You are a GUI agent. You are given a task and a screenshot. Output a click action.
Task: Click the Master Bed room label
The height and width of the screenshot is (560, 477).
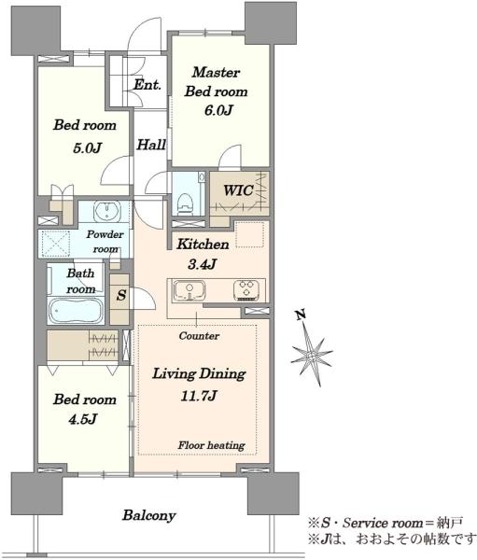(217, 82)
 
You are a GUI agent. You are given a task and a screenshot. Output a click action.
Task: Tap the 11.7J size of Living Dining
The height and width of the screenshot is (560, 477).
(199, 396)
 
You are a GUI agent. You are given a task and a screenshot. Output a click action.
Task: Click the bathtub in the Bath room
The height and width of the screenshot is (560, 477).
(77, 311)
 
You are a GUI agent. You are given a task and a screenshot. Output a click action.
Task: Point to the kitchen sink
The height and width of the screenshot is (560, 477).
(189, 290)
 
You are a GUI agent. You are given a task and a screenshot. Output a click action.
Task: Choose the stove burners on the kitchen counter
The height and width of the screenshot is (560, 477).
(246, 289)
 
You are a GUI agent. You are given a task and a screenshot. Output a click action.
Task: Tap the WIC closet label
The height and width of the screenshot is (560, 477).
(238, 190)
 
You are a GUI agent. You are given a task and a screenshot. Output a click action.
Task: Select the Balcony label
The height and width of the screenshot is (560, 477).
(149, 515)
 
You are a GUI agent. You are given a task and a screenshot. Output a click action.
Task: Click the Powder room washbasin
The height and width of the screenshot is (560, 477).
(106, 211)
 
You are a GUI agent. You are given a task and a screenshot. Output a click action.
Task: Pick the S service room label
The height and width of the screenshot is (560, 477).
(121, 295)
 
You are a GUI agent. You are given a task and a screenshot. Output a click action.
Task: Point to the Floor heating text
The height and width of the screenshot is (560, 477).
(212, 445)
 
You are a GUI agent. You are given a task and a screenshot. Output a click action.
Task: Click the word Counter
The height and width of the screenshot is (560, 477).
(199, 336)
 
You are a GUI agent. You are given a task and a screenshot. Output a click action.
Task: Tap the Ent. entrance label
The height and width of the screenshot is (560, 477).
(147, 85)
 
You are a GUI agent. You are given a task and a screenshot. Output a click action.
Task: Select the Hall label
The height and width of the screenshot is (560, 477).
(151, 145)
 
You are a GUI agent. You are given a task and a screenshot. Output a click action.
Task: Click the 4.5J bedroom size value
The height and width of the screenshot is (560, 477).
(82, 418)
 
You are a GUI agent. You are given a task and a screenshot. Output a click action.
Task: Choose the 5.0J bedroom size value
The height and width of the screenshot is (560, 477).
(87, 147)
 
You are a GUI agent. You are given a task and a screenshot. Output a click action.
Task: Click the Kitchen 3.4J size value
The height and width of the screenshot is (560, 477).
(202, 264)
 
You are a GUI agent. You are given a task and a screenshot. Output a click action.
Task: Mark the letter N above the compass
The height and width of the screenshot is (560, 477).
(301, 315)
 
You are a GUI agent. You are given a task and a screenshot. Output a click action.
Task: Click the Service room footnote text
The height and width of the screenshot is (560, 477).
(386, 523)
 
